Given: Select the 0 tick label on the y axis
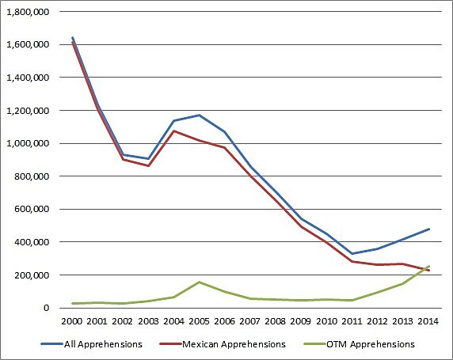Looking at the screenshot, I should point(49,308).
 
